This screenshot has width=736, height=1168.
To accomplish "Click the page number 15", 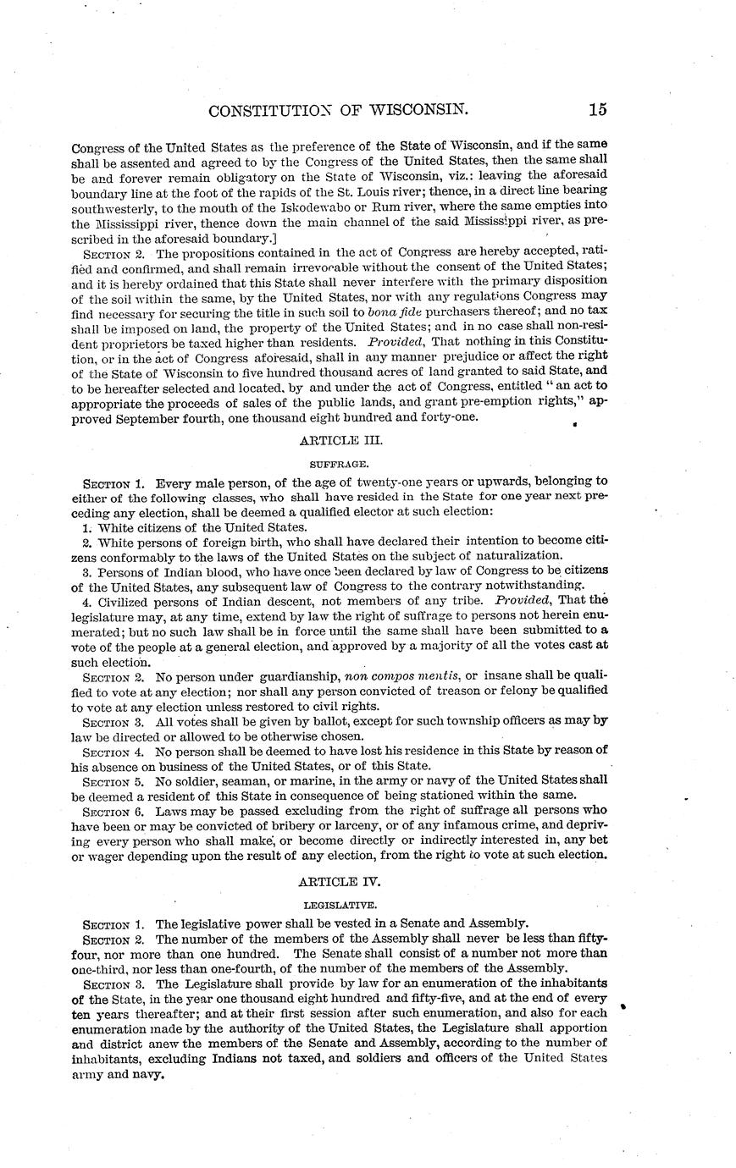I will tap(598, 109).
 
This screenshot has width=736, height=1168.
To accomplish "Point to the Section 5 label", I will tap(114, 780).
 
